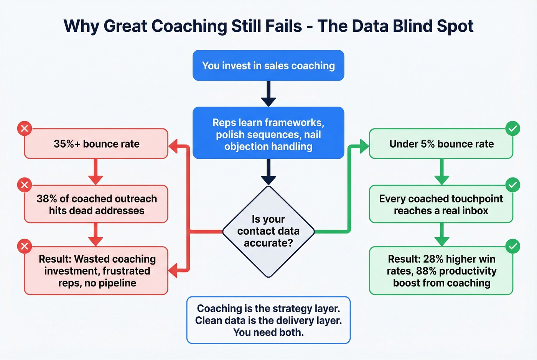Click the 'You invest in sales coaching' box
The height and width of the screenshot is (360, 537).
[x=268, y=66]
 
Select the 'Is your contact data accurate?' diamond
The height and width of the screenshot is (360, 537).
[x=268, y=231]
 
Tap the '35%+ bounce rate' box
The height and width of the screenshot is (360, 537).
[x=96, y=144]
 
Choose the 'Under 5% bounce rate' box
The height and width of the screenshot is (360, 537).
[x=441, y=144]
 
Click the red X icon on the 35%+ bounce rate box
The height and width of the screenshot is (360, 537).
[x=25, y=128]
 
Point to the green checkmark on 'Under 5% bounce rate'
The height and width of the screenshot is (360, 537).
[x=513, y=128]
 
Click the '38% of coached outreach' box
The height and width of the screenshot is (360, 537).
[x=96, y=204]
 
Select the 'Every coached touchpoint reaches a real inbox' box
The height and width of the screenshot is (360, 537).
[x=441, y=204]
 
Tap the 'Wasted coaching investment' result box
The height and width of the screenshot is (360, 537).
[x=96, y=271]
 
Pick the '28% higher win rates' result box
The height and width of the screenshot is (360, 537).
[x=441, y=271]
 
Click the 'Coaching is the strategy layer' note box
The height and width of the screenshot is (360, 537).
[x=268, y=320]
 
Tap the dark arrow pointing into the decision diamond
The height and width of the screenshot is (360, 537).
[x=268, y=172]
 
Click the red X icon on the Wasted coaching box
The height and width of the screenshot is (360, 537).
[x=25, y=246]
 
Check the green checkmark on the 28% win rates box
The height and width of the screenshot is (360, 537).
[x=513, y=246]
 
